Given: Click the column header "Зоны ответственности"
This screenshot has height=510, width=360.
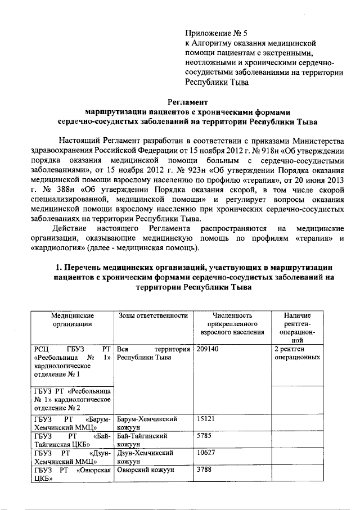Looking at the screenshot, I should (152, 316).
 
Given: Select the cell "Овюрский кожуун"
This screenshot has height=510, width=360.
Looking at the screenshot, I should (145, 470).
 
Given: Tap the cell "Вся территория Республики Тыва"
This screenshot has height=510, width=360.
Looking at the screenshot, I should (152, 353).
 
